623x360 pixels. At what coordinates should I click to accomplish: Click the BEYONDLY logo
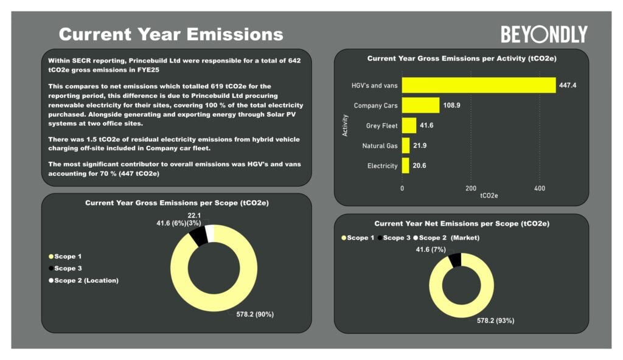tap(544, 34)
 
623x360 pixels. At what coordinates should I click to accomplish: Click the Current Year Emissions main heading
tap(171, 34)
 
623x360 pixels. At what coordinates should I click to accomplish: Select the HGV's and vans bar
tap(479, 85)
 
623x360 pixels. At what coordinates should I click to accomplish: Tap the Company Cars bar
tap(420, 105)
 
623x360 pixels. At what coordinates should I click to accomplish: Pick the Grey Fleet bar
tap(409, 125)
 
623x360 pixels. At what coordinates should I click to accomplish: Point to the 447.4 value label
tap(568, 85)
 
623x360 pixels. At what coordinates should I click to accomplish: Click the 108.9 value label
tap(451, 105)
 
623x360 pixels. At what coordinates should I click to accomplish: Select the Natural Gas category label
tap(380, 146)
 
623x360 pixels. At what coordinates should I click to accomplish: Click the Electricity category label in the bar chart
tap(382, 166)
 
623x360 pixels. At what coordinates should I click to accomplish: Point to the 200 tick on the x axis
tap(471, 189)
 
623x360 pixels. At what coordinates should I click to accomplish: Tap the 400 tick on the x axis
tap(539, 189)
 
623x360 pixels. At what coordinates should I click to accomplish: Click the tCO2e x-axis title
tap(489, 196)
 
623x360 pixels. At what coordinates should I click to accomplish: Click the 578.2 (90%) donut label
tap(255, 314)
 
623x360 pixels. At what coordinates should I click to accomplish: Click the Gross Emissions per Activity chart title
tap(462, 59)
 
